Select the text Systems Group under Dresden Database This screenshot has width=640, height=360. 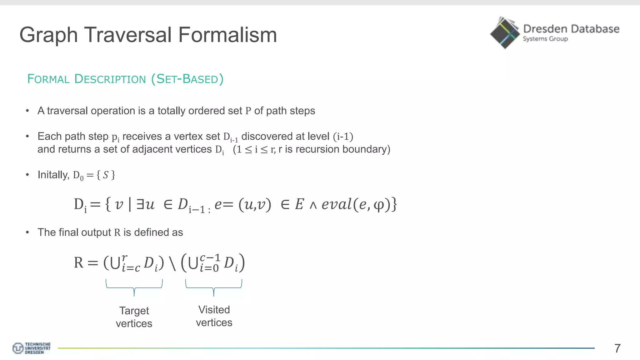(x=545, y=39)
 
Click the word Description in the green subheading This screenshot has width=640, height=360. (x=110, y=79)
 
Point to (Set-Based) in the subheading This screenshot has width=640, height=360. (x=187, y=79)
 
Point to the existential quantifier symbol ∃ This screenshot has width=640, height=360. (x=140, y=204)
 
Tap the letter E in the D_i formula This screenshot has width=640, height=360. (x=299, y=204)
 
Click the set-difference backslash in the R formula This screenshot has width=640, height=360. (x=172, y=263)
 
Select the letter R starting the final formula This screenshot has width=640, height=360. (x=79, y=262)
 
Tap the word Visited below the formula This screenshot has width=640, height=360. (x=214, y=310)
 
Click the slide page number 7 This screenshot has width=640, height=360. (x=617, y=348)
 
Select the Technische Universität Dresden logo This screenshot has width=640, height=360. (x=31, y=348)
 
